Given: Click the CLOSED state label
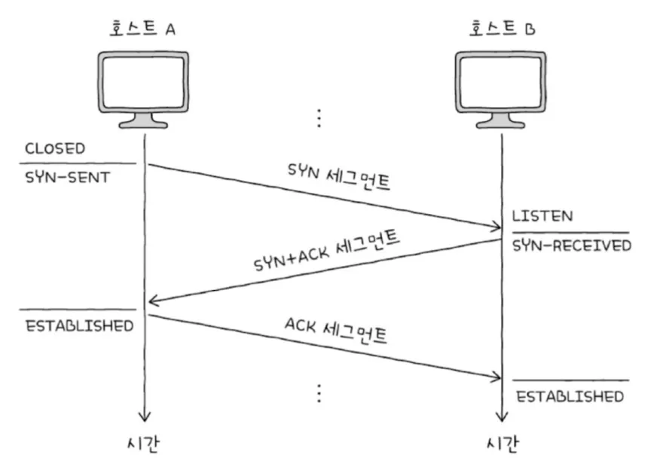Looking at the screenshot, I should click(55, 148).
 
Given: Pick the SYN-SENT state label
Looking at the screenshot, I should click(67, 178).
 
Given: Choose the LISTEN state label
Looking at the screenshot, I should click(542, 216).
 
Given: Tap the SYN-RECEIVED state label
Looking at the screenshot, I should click(572, 246).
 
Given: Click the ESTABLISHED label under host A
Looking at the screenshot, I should click(79, 325).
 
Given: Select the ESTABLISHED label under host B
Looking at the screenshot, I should click(570, 396).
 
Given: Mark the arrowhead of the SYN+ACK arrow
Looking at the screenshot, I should click(152, 301).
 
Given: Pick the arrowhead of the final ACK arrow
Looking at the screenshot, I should click(494, 377).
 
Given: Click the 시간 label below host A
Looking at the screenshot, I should click(143, 444).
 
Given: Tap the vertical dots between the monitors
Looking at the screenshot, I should click(319, 117).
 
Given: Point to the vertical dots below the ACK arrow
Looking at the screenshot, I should click(319, 393).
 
